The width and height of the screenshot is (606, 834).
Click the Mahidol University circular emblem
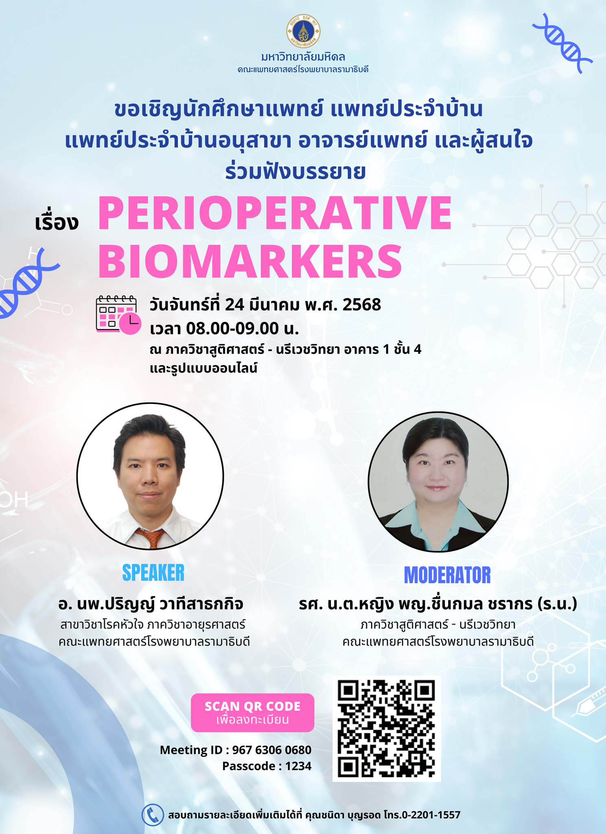click(303, 31)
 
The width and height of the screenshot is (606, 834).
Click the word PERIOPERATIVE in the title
click(275, 213)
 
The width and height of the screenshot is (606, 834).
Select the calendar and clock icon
click(118, 314)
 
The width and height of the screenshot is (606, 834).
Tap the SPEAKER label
click(153, 573)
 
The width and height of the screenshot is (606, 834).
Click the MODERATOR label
click(447, 575)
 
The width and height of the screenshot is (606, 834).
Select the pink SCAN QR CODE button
click(252, 713)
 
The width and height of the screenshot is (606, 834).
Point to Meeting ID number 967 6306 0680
click(271, 750)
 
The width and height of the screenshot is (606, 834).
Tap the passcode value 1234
click(298, 766)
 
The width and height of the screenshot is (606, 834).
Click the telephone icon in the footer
click(153, 815)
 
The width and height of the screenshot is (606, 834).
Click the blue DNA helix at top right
click(562, 43)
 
